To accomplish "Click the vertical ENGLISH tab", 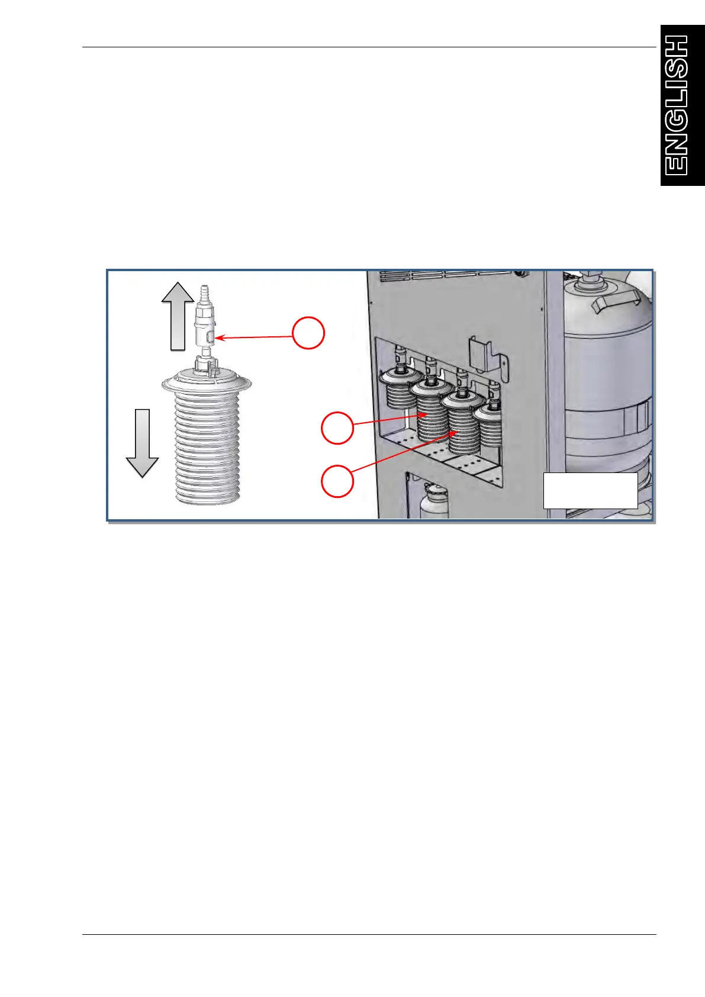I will coord(682,105).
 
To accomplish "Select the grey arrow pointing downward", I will coord(142,442).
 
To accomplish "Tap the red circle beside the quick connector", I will coord(308,333).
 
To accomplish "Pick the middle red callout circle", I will coord(337,427).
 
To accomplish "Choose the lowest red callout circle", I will coord(337,481).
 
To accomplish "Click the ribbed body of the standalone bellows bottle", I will coord(207,450).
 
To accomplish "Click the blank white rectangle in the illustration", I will coord(590,490).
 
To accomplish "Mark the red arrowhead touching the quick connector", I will coord(218,338).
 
